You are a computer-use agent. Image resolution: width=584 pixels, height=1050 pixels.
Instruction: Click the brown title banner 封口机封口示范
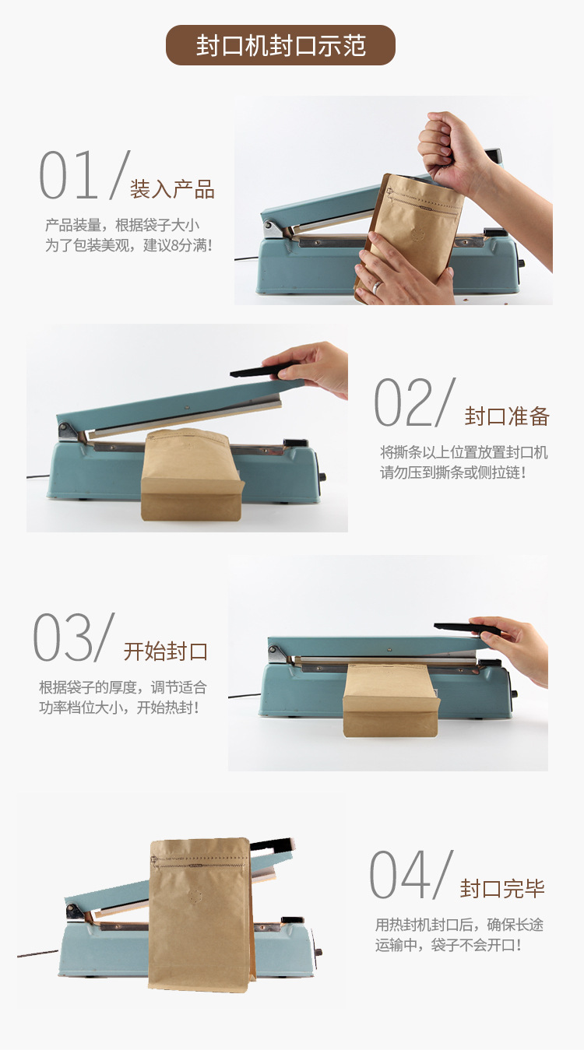(280, 45)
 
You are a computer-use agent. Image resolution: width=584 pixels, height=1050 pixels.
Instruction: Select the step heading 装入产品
(172, 189)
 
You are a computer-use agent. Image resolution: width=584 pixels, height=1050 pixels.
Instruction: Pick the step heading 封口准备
(507, 416)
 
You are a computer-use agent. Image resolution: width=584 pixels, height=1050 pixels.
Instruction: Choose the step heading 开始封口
(165, 651)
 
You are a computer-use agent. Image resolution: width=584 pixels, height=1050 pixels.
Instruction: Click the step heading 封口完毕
(502, 888)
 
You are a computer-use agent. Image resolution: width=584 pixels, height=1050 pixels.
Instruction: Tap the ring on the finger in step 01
(378, 286)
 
